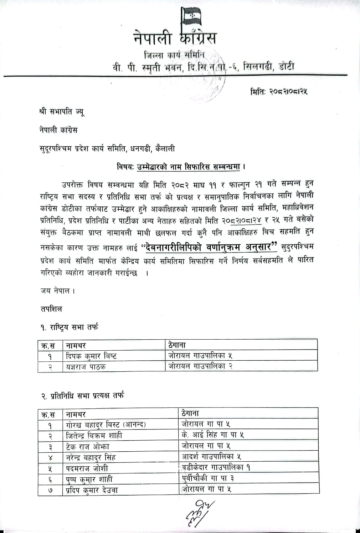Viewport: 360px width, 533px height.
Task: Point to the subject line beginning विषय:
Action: pos(182,167)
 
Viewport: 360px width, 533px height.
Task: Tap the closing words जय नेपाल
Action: pos(57,290)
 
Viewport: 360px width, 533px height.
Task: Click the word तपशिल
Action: pos(51,309)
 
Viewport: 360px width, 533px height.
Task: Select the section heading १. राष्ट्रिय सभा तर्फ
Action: pos(69,327)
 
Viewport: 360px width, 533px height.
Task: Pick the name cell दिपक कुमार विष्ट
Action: pos(92,356)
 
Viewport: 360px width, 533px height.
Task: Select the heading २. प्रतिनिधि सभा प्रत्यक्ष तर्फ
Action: pos(82,396)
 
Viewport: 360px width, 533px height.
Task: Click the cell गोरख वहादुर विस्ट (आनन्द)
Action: pos(106,425)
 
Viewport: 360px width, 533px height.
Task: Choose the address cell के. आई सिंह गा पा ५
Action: pos(213,435)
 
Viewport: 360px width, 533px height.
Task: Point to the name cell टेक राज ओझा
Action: pos(88,446)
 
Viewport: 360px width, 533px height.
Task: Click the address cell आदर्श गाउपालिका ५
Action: pos(212,456)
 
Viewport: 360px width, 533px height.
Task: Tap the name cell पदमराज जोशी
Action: pos(87,468)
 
